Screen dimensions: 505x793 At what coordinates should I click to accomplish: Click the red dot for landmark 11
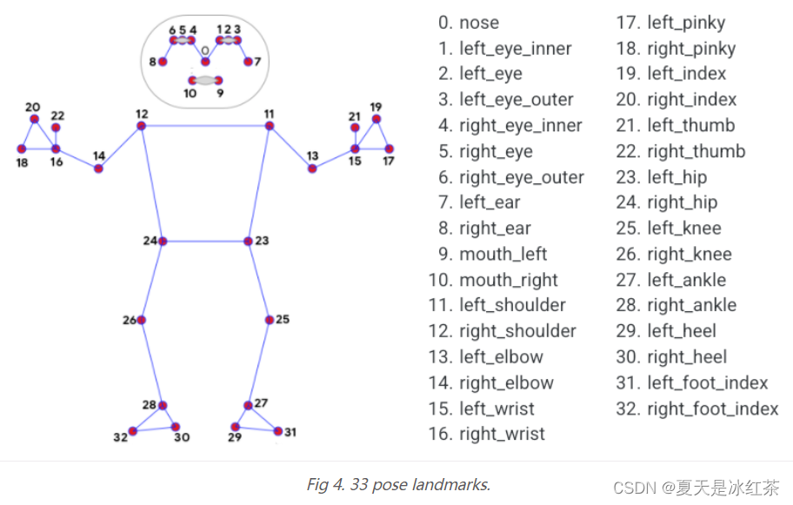270,126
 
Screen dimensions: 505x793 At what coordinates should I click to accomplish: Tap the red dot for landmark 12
142,126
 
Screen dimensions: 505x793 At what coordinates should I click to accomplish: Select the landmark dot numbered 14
99,169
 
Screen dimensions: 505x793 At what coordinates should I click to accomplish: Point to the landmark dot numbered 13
312,169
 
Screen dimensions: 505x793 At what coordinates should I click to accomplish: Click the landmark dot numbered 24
163,241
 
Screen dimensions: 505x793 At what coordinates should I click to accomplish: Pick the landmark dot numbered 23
248,241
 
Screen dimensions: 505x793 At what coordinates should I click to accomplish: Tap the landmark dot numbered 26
142,320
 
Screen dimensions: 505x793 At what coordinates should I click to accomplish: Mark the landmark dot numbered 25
270,320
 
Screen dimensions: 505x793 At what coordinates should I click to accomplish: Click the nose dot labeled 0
205,62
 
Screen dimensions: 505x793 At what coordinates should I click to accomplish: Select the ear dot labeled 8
163,62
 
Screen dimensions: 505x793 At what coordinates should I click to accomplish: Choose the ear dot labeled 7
248,62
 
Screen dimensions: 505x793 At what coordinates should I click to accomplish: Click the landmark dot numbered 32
133,430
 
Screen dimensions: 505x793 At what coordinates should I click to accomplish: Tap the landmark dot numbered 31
278,430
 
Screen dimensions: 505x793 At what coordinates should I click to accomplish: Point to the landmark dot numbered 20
34,119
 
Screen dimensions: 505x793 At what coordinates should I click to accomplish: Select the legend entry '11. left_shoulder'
502,305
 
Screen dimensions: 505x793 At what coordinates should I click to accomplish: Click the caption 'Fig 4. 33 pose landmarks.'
398,485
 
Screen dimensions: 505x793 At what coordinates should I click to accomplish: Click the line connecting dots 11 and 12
205,126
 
